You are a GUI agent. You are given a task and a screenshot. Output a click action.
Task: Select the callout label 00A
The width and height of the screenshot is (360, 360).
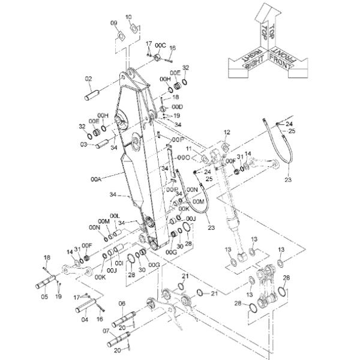[95, 178]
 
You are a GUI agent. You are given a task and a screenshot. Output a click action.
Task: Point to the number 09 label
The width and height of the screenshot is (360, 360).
[114, 23]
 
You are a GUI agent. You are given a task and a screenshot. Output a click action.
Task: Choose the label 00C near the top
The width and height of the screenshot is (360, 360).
[160, 45]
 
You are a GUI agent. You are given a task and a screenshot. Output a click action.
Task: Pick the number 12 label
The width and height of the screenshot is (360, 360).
[227, 131]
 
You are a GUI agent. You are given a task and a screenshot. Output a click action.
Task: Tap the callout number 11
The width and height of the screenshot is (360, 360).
[188, 148]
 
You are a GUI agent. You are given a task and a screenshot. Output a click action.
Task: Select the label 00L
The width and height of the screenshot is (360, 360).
[115, 215]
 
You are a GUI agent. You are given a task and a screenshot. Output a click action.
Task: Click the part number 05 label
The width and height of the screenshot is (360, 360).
[44, 296]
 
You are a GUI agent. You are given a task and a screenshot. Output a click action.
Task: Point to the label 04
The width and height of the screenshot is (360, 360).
[85, 319]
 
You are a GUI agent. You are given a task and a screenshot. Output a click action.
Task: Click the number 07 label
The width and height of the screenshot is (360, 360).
[106, 331]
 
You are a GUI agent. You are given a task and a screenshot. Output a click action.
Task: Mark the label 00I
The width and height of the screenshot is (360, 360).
[119, 262]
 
